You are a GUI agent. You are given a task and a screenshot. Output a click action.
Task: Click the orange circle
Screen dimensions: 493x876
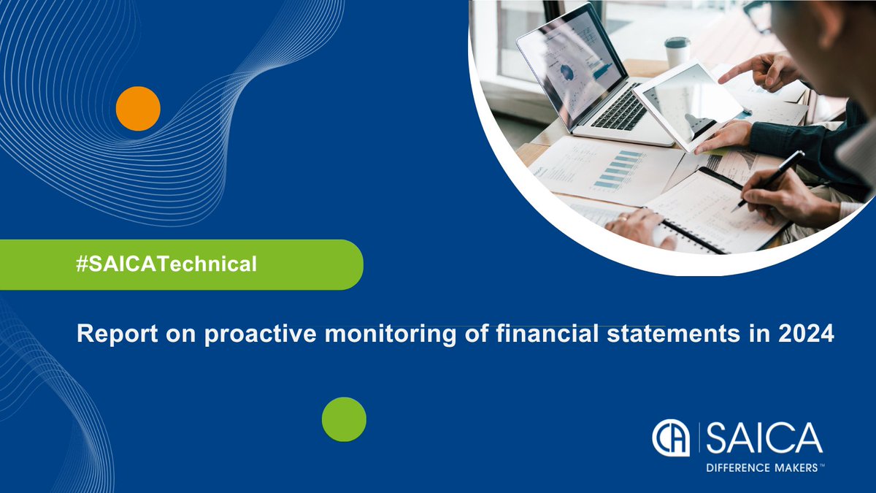coord(138,108)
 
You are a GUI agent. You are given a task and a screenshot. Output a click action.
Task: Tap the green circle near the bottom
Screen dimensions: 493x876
coord(344,419)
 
